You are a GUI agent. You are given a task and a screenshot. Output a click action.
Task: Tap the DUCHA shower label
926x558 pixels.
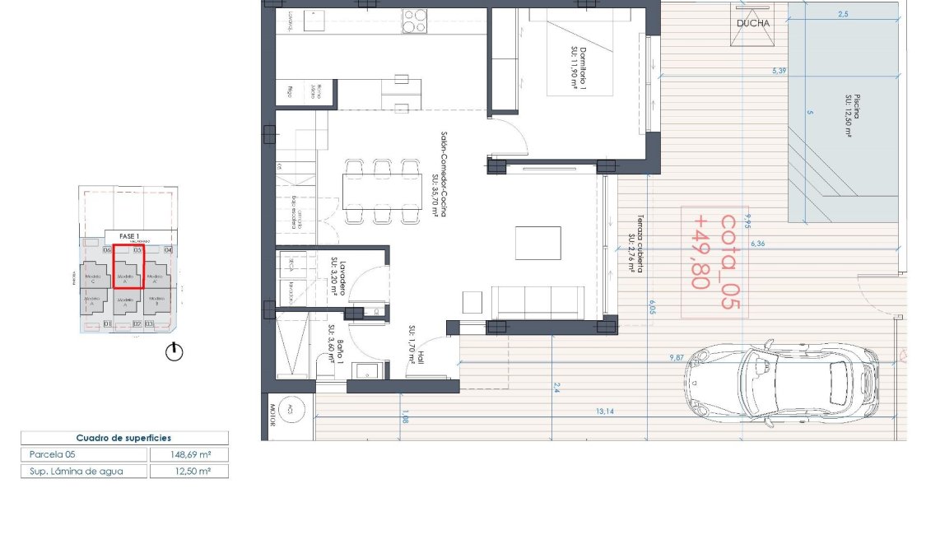pyautogui.click(x=753, y=23)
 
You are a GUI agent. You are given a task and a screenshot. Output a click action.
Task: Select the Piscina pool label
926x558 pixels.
pyautogui.click(x=852, y=105)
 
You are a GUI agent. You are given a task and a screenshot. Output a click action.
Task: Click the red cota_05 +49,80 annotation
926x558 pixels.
pyautogui.click(x=714, y=261)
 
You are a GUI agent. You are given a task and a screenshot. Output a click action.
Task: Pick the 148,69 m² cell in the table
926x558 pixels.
pyautogui.click(x=188, y=454)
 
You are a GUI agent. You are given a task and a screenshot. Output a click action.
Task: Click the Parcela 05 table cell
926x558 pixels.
pyautogui.click(x=83, y=454)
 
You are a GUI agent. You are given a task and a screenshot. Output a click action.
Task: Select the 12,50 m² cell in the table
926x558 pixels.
pyautogui.click(x=188, y=472)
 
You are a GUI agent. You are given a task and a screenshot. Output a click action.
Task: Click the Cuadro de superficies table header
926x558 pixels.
pyautogui.click(x=124, y=438)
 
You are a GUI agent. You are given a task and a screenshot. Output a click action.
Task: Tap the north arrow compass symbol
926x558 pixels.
pyautogui.click(x=174, y=352)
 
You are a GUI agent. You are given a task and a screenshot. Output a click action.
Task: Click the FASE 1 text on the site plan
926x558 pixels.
pyautogui.click(x=129, y=236)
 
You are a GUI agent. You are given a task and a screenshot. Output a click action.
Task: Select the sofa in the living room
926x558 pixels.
pyautogui.click(x=537, y=302)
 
